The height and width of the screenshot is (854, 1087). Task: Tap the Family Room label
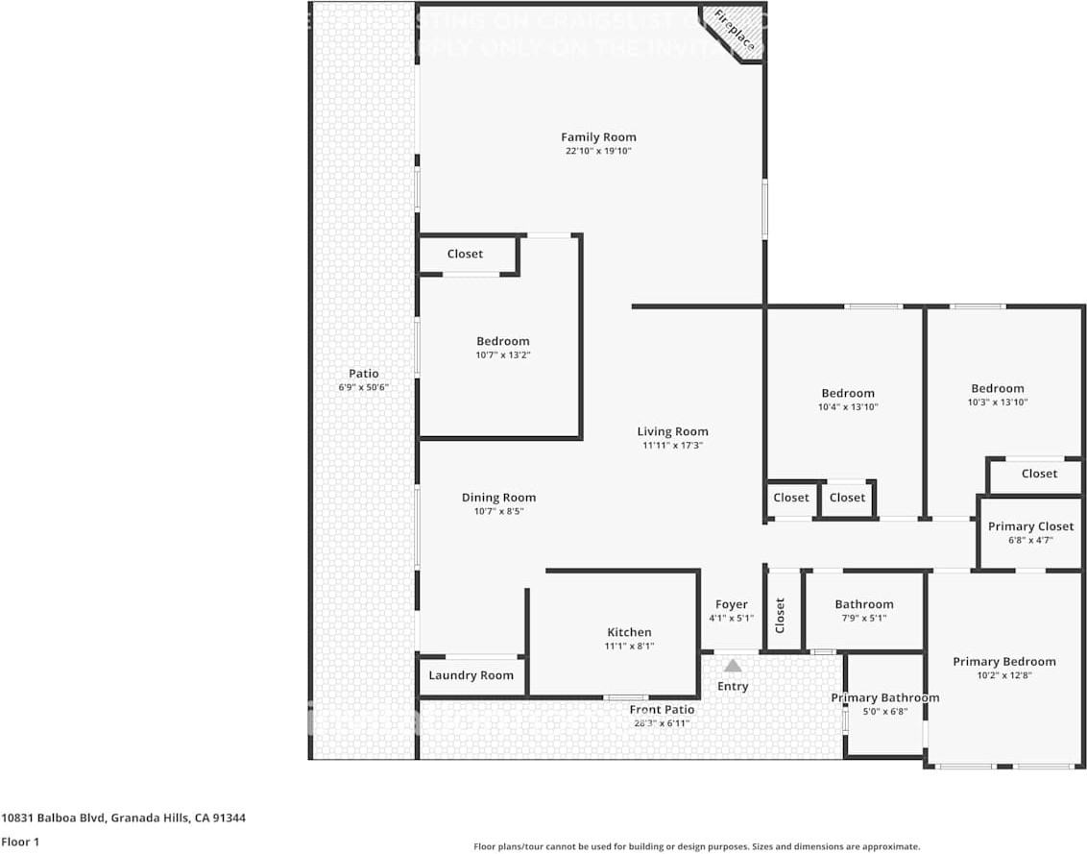(598, 137)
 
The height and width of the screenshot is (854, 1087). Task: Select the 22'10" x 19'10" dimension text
(598, 152)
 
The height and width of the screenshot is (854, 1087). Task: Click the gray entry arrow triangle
(733, 666)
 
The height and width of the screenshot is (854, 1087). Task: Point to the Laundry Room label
(471, 675)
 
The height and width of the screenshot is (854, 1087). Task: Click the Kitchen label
(629, 632)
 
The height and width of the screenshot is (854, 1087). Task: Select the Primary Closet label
(1030, 526)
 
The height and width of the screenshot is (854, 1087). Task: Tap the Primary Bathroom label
(884, 697)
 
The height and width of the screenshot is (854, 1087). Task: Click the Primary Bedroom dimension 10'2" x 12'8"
(1003, 675)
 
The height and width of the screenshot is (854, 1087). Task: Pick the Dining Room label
(498, 498)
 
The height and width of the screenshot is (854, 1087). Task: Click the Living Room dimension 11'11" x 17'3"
(672, 446)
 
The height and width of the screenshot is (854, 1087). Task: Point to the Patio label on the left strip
(363, 374)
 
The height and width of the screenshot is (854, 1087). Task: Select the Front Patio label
(662, 710)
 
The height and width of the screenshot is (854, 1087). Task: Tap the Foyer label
(731, 604)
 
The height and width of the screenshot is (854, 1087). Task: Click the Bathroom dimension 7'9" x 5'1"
(863, 618)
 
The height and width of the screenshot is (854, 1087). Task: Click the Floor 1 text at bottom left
(19, 842)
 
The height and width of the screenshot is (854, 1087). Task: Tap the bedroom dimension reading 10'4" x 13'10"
(848, 407)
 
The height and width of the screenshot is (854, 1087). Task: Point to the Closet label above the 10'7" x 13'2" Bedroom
(465, 255)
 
